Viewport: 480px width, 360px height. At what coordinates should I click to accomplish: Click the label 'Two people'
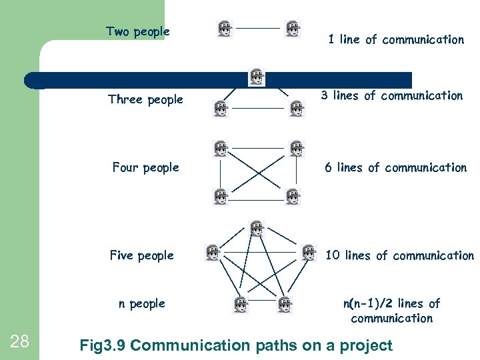click(138, 31)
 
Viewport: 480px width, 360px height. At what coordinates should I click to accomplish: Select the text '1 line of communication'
click(395, 39)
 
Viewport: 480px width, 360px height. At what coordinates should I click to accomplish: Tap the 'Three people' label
click(145, 99)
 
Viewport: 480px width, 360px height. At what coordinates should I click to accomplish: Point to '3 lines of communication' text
click(392, 95)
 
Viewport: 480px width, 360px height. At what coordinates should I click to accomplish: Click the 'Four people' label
click(145, 167)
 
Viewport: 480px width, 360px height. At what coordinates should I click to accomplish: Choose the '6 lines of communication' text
click(395, 167)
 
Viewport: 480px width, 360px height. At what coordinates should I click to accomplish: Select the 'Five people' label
click(141, 255)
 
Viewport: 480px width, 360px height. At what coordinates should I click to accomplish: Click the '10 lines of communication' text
click(399, 255)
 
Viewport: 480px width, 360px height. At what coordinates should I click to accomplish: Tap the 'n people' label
click(141, 303)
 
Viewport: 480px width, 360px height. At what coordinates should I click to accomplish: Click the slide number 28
click(20, 342)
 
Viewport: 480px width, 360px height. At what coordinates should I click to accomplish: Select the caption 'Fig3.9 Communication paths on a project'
click(236, 345)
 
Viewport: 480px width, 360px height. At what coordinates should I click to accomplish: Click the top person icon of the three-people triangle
click(257, 77)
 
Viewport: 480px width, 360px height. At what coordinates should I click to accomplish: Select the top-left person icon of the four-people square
click(220, 149)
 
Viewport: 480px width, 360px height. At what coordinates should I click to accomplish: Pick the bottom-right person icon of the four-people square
click(293, 197)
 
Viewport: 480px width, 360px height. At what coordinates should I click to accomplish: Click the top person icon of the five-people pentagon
click(257, 229)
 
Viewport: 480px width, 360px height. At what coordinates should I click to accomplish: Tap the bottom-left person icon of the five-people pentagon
click(241, 304)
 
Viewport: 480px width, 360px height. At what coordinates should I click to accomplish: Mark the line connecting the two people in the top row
click(259, 29)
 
